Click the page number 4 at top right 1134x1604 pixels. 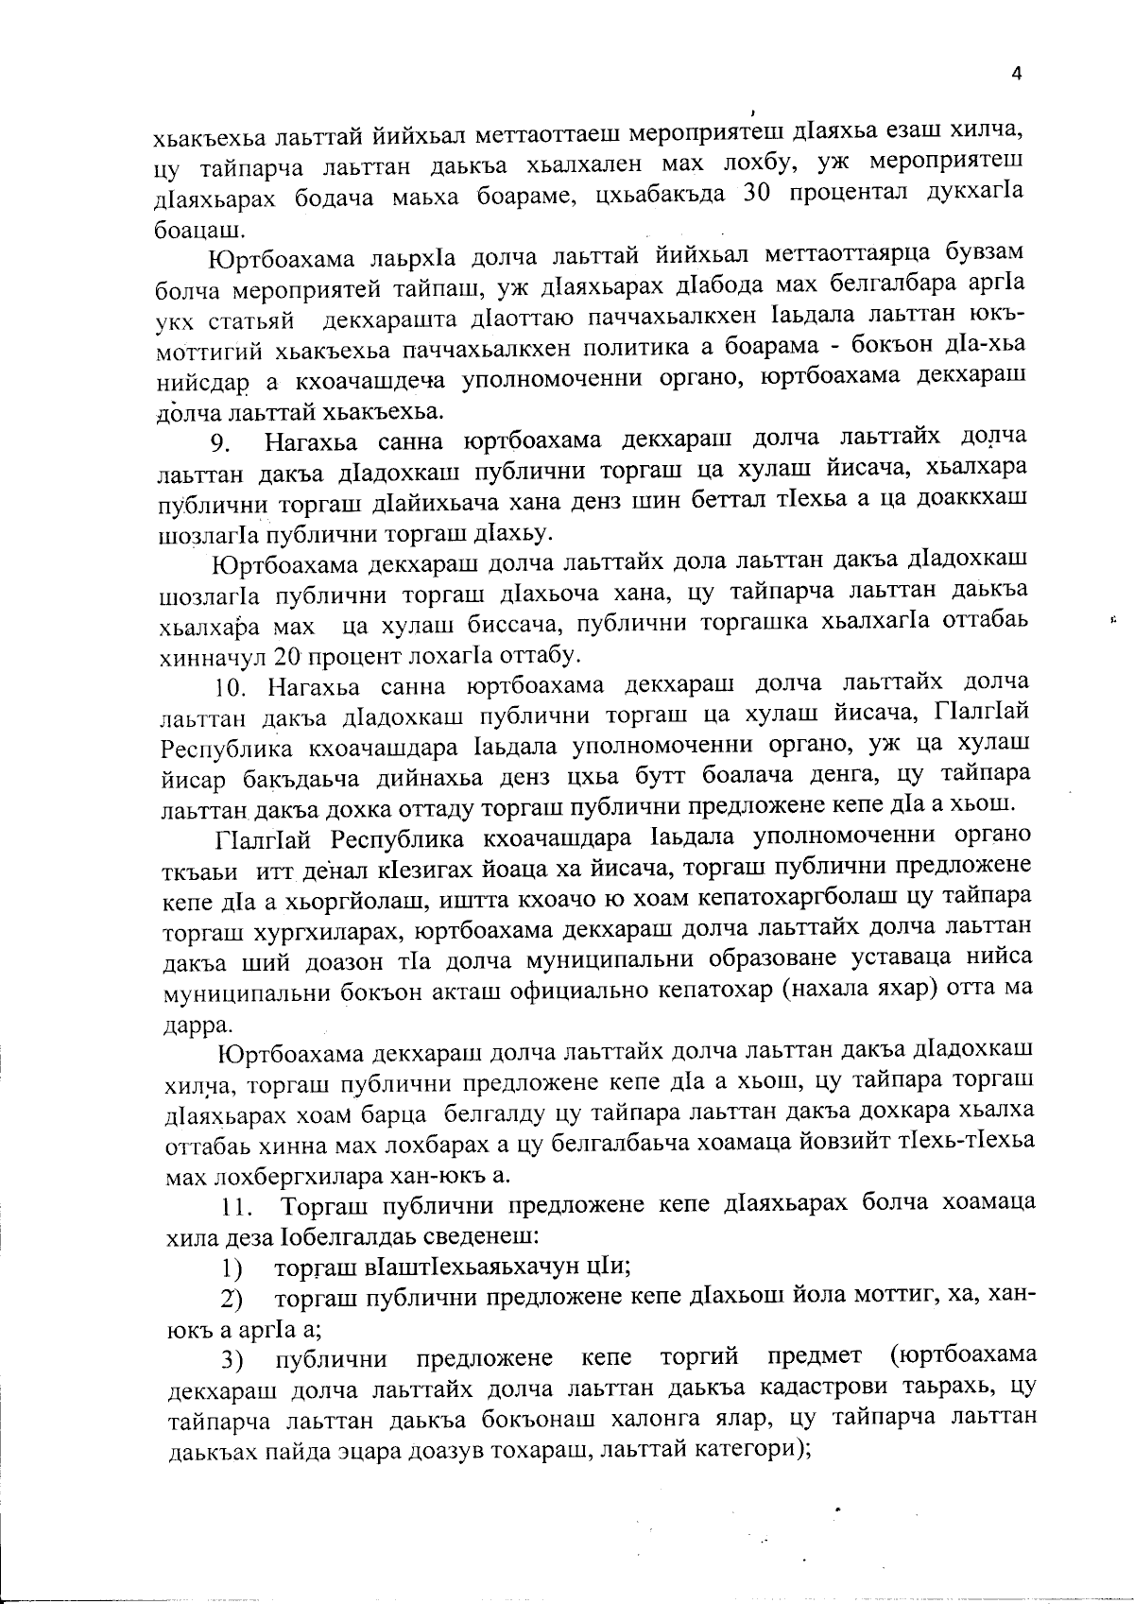click(x=1016, y=76)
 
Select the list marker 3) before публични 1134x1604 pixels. click(x=231, y=1362)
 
